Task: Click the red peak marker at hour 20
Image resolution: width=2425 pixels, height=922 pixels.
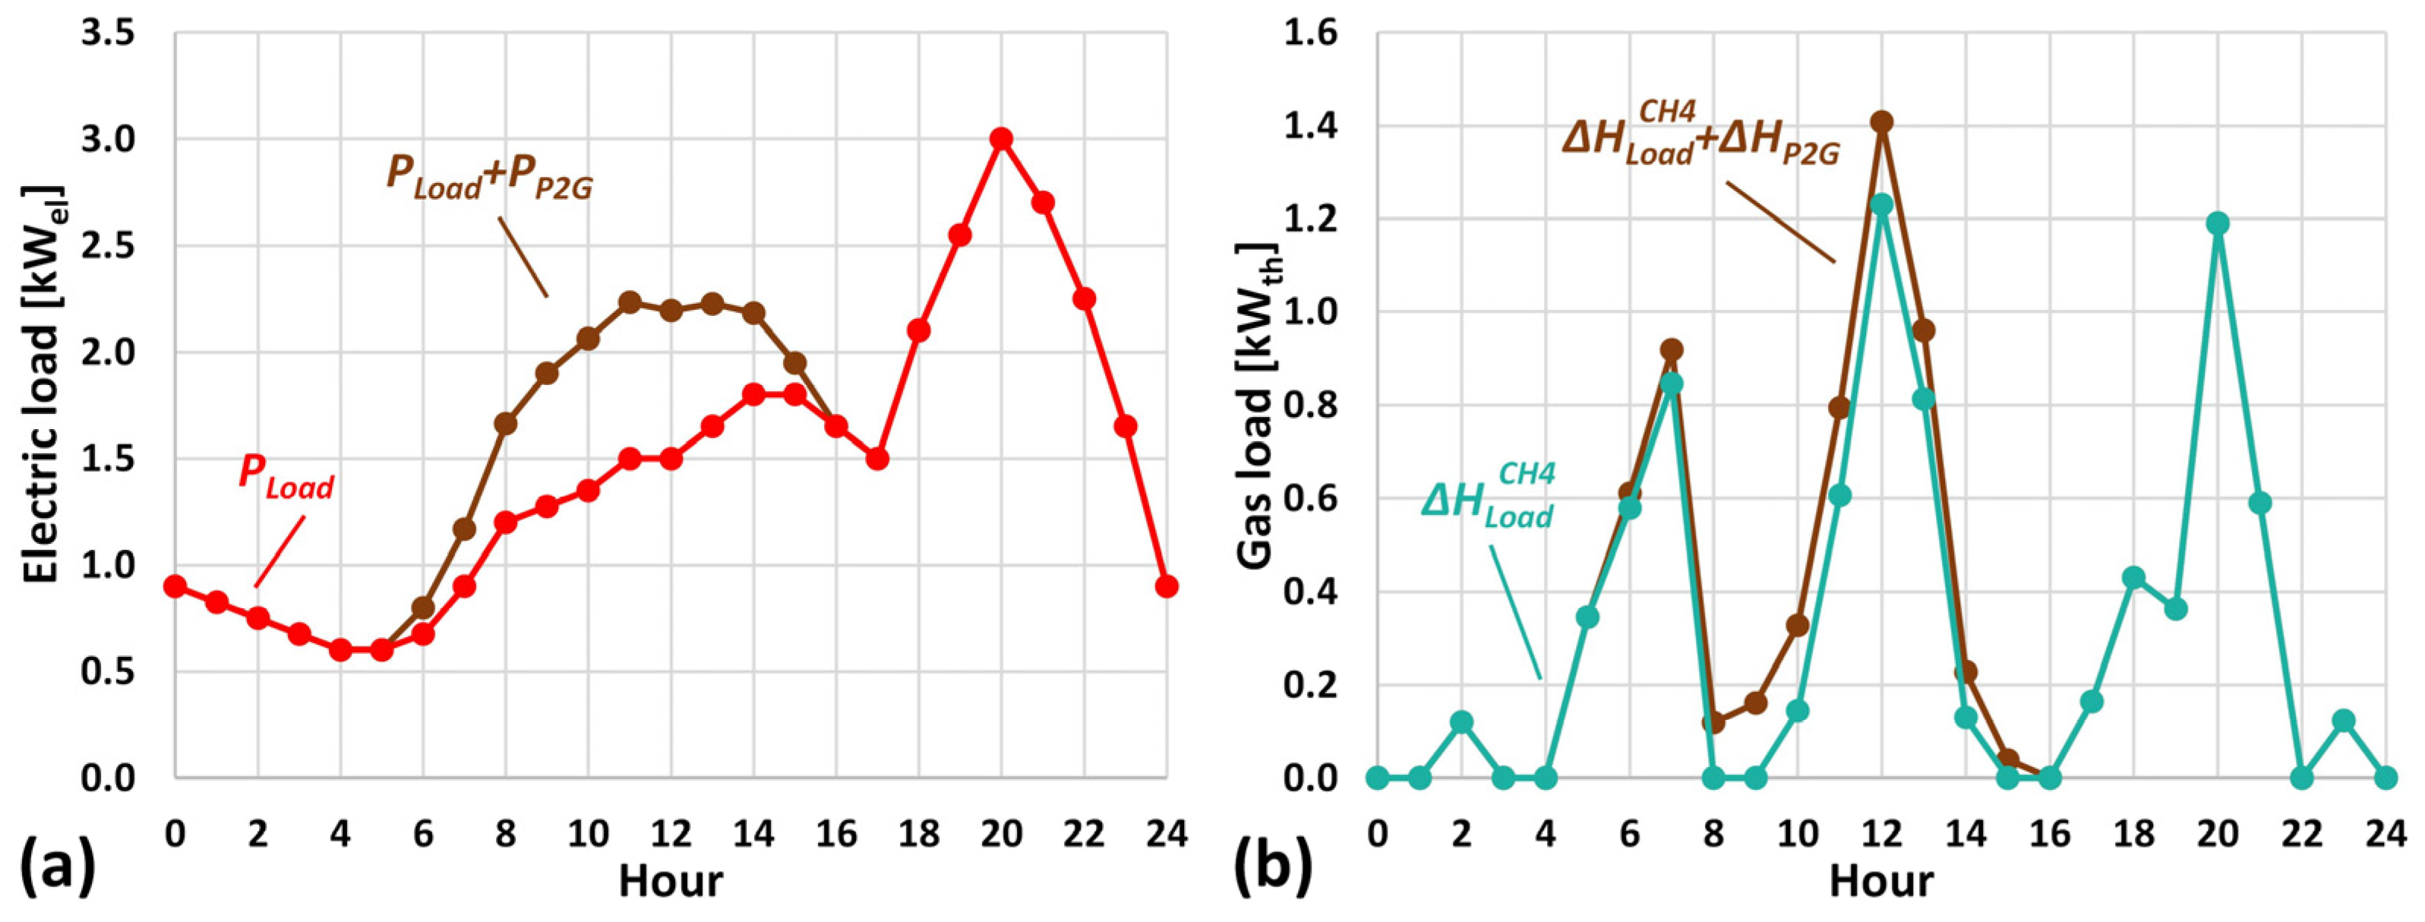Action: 1001,138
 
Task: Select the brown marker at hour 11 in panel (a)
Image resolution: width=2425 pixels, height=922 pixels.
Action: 630,302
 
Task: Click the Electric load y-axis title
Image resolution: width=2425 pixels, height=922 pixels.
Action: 43,384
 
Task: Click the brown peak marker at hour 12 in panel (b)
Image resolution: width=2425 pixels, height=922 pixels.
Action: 1882,122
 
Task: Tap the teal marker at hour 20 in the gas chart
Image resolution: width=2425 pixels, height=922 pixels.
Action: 2218,223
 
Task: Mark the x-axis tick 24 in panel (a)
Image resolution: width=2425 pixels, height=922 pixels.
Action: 1167,833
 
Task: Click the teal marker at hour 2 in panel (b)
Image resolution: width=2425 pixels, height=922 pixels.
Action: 1462,722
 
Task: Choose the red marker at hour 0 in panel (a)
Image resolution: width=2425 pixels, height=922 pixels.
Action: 175,586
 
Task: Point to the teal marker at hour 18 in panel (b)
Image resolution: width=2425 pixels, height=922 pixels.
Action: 2134,577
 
